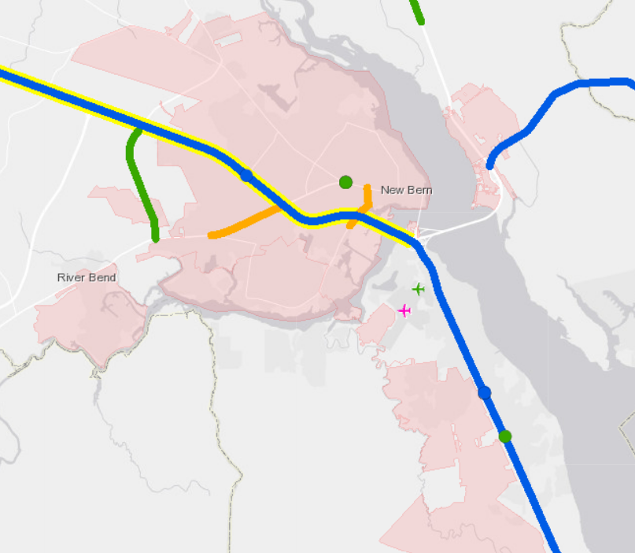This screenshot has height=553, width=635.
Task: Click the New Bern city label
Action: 406,190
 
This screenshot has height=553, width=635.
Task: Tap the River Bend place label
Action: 87,277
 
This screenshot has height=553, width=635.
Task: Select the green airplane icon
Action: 418,289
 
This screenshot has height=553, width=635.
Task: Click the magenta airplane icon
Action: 404,310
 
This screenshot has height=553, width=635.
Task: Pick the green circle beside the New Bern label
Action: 345,182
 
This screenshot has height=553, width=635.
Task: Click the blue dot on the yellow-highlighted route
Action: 246,176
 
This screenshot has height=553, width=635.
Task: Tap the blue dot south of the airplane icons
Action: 485,392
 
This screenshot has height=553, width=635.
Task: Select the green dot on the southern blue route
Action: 505,436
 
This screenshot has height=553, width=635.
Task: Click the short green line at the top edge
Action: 417,11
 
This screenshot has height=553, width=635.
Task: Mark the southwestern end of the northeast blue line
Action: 490,166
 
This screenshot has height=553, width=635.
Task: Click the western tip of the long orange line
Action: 211,235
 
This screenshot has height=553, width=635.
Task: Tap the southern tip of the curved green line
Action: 156,238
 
